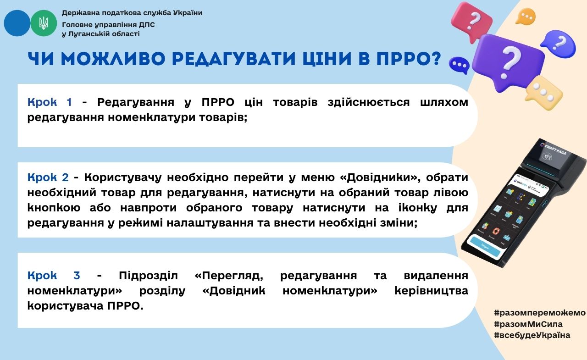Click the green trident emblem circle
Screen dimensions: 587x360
click(x=44, y=23)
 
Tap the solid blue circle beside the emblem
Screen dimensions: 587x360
click(x=17, y=23)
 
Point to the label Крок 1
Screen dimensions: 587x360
click(x=50, y=102)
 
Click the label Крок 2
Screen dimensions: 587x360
click(x=48, y=177)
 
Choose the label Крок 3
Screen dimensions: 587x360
click(x=54, y=275)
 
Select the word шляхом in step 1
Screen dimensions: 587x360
click(x=444, y=102)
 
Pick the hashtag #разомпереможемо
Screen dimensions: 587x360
click(x=540, y=313)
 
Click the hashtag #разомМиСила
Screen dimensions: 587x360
click(x=528, y=324)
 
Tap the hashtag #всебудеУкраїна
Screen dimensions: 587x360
click(x=532, y=335)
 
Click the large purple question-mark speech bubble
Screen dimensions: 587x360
click(x=509, y=63)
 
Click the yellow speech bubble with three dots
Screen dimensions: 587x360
click(x=543, y=92)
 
